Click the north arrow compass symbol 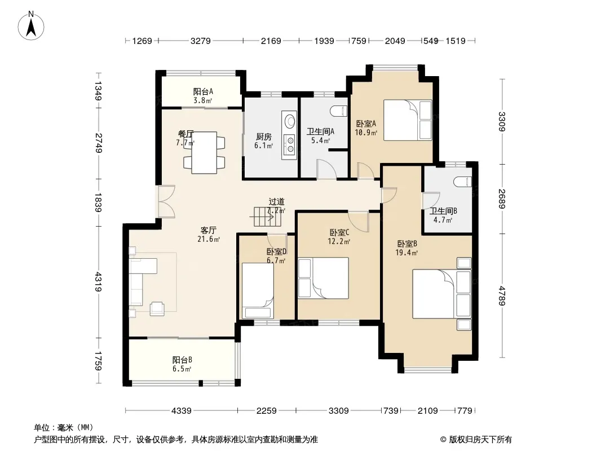(x=31, y=26)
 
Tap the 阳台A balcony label (x=203, y=91)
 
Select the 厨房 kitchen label (x=264, y=137)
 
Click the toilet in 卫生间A (x=338, y=110)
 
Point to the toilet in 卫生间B (x=462, y=181)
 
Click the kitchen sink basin (x=289, y=121)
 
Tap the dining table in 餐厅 (x=204, y=153)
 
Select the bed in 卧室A (x=408, y=120)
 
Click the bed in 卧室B (x=441, y=294)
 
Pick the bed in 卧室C (x=324, y=278)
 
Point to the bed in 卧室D (x=257, y=290)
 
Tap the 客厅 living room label (x=208, y=230)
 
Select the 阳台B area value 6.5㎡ (x=182, y=369)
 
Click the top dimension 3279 (x=201, y=41)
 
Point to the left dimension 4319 (x=99, y=282)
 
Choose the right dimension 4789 (x=502, y=295)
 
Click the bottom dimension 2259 (x=266, y=411)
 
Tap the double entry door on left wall (x=166, y=202)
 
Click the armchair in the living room (x=157, y=308)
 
